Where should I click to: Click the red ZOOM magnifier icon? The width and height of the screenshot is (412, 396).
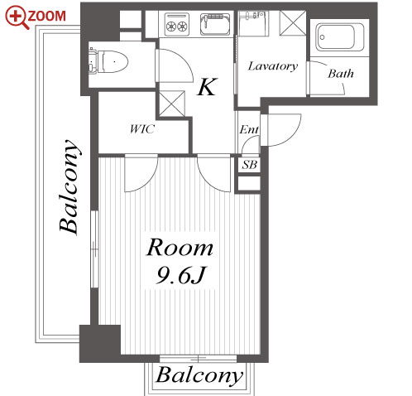pos(17,17)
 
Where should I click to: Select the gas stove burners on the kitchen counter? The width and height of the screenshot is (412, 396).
pos(177,25)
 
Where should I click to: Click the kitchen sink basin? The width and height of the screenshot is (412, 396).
pos(215,24)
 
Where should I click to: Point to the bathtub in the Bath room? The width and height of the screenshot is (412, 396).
pos(340,37)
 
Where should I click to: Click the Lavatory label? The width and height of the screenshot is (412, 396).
pos(273,66)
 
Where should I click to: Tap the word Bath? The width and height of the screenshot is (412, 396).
pos(341,74)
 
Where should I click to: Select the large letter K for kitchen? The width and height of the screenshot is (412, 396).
pos(208,87)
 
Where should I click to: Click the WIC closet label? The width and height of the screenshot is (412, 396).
pos(142,129)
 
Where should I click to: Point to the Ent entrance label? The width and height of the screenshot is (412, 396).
pos(249,129)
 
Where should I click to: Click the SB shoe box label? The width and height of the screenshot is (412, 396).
pos(249,165)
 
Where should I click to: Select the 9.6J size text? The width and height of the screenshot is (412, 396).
pos(180,276)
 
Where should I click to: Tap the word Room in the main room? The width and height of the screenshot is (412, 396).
pos(180,248)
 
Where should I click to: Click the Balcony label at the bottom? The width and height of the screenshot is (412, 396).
pos(199,375)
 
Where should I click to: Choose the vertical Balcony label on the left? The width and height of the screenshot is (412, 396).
pos(69,187)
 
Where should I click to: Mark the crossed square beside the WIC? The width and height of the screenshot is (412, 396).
pos(172,104)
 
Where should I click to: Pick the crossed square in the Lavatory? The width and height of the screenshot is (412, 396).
pos(293,23)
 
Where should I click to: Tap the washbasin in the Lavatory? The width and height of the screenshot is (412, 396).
pos(253,23)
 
